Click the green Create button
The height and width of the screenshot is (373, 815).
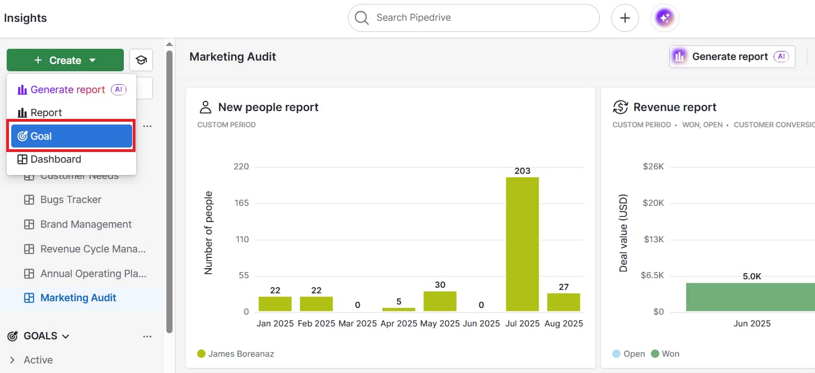coord(65,60)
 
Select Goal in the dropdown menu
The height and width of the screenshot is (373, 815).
coord(71,136)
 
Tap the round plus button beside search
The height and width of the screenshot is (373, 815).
coord(625,19)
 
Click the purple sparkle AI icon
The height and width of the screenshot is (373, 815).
coord(664,19)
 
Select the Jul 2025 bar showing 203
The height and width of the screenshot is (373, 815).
coord(522,244)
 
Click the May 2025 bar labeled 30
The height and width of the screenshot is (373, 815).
coord(440,301)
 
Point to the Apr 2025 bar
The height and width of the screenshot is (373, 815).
coord(398,309)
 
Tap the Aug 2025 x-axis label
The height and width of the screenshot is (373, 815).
coord(563,324)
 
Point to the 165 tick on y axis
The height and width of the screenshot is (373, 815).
coord(241,203)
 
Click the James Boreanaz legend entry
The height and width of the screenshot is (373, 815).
coord(241,354)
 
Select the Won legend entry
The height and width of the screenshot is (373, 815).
coord(670,354)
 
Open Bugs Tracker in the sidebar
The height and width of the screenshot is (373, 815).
coord(71,200)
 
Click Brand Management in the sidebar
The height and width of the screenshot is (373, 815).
coord(86,224)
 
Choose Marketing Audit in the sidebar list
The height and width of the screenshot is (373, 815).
coord(78,298)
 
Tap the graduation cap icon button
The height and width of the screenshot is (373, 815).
coord(141,60)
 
